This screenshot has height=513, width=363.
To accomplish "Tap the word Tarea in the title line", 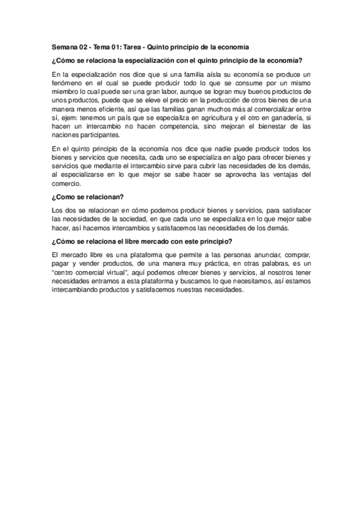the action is pyautogui.click(x=142, y=47).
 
